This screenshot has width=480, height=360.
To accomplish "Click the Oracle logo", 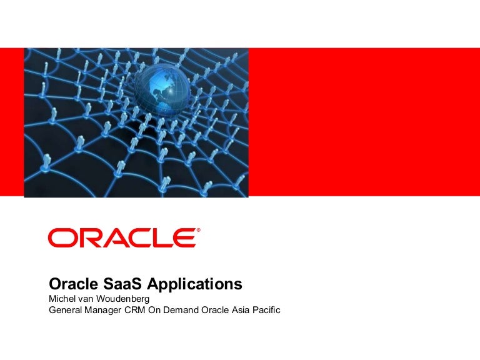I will [123, 238].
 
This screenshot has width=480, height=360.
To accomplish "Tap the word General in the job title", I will [66, 309].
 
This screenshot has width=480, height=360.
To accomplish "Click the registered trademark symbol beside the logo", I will [199, 231].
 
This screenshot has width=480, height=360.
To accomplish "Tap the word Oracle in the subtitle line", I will [219, 309].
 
